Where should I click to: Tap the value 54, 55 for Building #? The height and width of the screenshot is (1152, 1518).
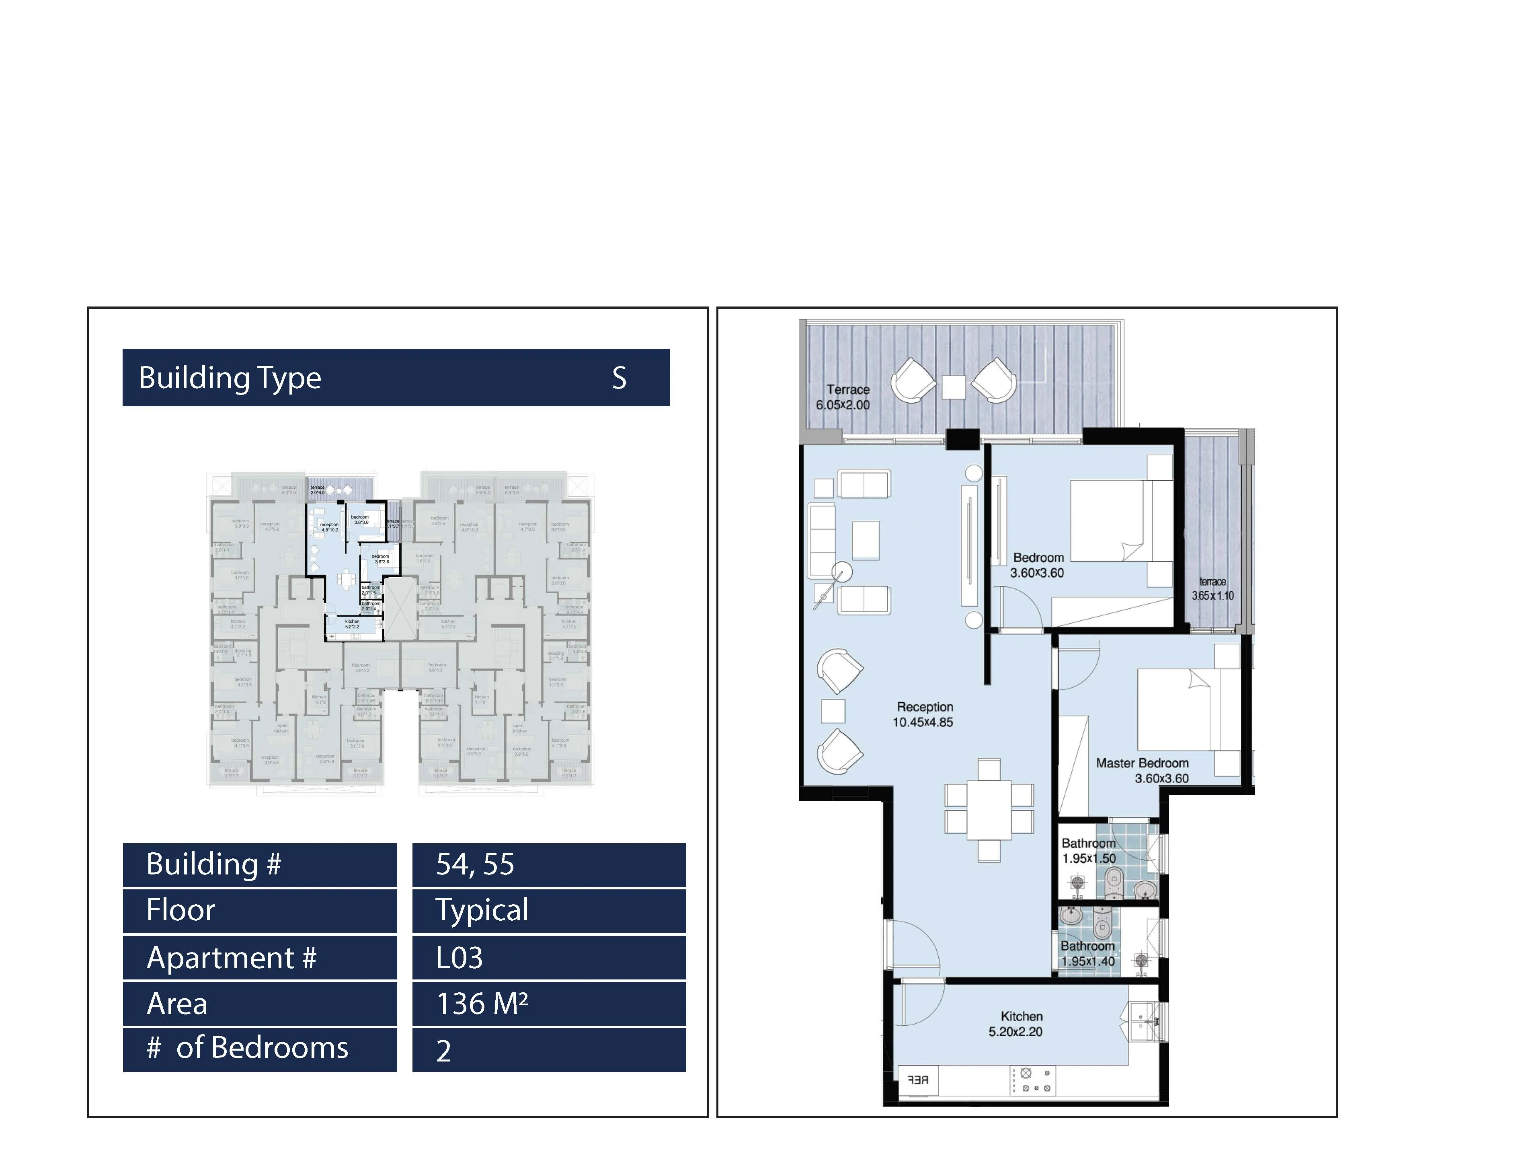coord(475,864)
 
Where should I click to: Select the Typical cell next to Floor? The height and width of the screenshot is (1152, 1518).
coord(482,910)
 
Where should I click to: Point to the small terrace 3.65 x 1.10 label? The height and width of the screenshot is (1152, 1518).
coord(1212,588)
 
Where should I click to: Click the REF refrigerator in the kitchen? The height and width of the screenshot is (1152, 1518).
coord(918,1080)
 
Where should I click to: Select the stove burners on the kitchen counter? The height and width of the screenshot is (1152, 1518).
coord(1033,1080)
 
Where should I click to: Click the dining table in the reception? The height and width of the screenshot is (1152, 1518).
coord(989,810)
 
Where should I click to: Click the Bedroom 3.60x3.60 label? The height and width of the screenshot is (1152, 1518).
coord(1038,565)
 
